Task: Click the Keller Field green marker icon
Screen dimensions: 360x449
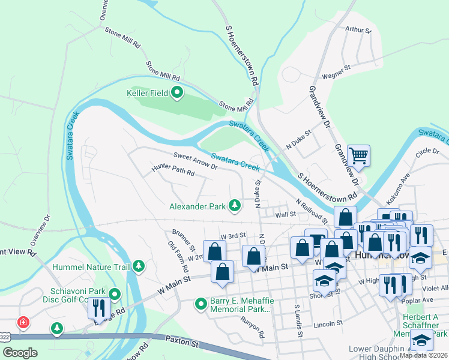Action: point(177,93)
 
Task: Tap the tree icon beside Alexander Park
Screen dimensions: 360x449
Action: point(235,206)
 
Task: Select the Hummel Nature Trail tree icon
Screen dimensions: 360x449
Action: point(139,266)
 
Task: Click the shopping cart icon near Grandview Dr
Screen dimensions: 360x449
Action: point(358,156)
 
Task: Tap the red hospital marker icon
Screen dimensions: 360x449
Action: point(23,322)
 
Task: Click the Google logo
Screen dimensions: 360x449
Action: point(20,353)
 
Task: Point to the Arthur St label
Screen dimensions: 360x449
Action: point(359,29)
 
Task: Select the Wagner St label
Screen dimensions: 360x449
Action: point(336,73)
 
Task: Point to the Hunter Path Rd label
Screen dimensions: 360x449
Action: point(173,171)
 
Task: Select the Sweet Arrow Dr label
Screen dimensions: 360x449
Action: point(194,161)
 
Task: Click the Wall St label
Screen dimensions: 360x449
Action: point(286,214)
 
